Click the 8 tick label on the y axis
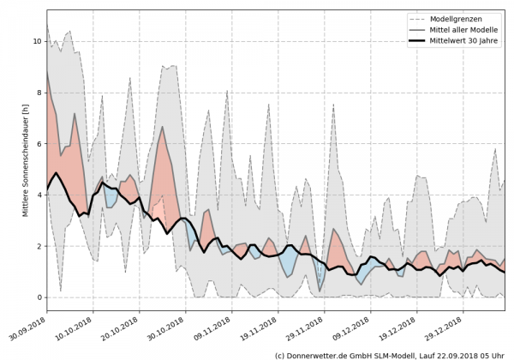38,93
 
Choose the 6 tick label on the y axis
38,144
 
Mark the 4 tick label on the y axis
38,195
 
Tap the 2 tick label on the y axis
38,246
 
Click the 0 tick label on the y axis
38,297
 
